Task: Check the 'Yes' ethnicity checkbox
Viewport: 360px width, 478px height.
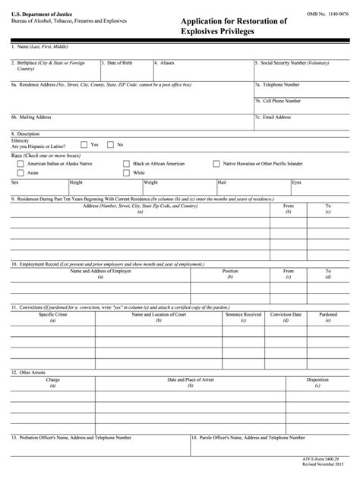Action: (84, 144)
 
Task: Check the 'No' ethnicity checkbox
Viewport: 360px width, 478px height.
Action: (110, 144)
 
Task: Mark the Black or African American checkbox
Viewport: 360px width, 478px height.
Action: (126, 163)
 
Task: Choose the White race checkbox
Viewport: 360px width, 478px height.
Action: (126, 173)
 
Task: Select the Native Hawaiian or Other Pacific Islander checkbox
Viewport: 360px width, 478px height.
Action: (216, 163)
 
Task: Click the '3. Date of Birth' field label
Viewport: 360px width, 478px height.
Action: (118, 63)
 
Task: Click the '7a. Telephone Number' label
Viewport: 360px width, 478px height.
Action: (278, 85)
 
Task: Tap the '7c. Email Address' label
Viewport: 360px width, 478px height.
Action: (274, 117)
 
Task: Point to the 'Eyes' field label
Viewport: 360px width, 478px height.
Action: (297, 183)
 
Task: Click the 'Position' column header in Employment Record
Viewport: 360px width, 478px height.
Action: (230, 270)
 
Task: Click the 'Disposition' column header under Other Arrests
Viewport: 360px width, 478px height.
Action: (317, 379)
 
